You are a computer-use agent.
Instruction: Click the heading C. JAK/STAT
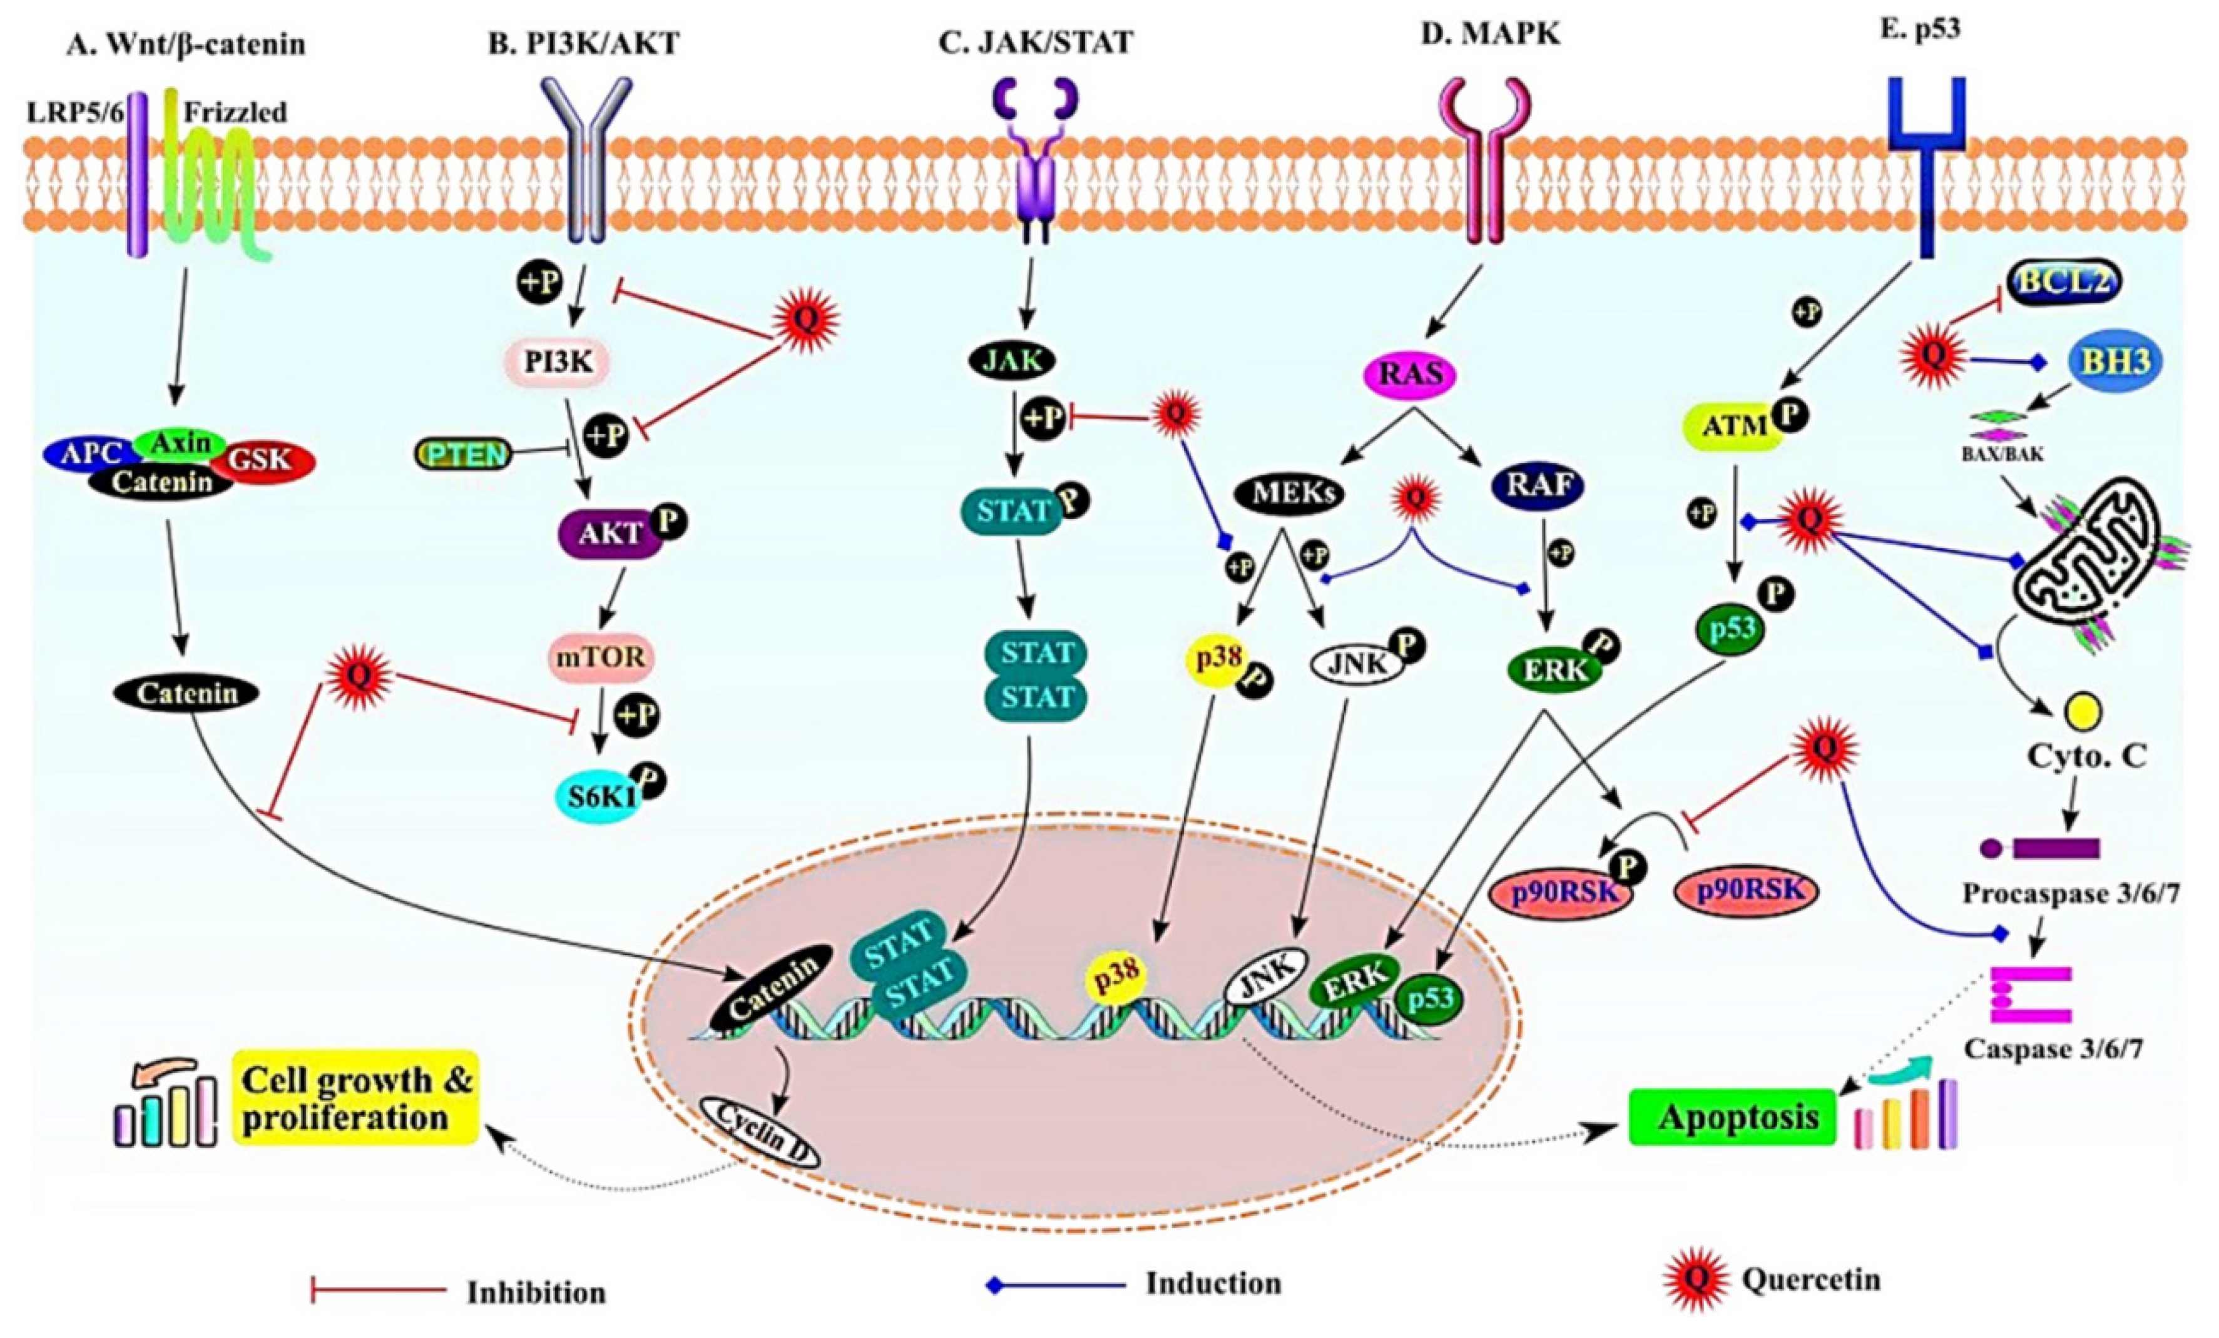1035,41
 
